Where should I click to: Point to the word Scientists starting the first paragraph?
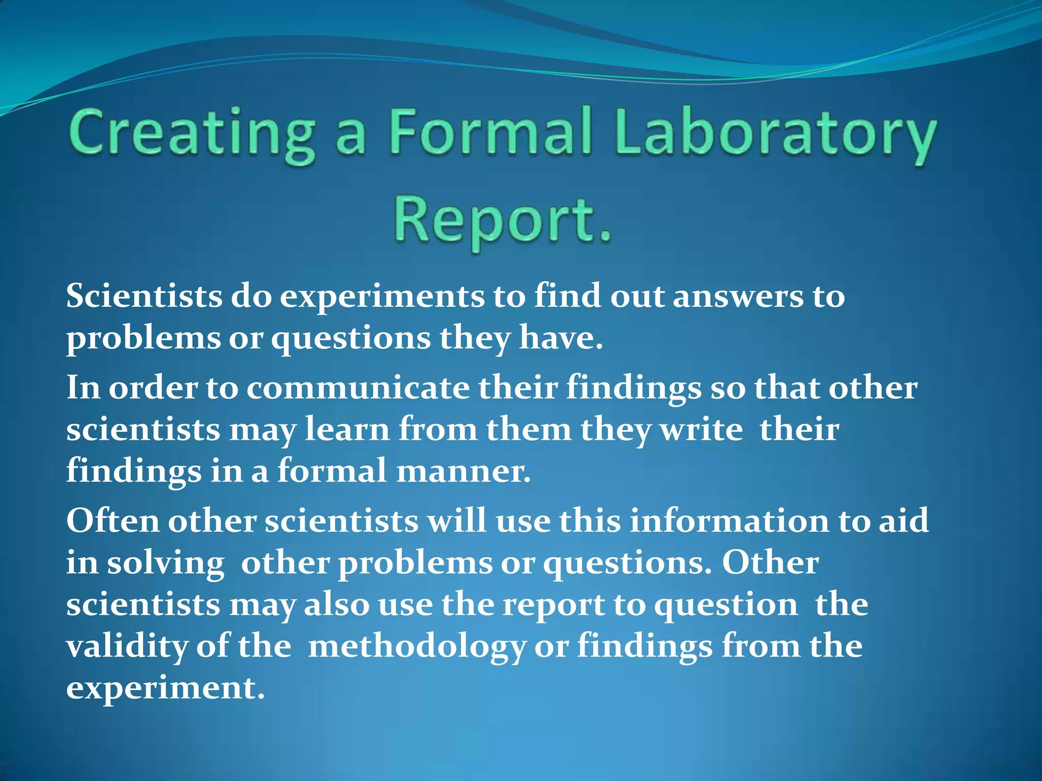(144, 296)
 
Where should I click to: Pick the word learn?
(347, 429)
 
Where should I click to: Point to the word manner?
(462, 471)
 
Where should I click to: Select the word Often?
(112, 521)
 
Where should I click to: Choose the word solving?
(166, 563)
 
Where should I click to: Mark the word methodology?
(417, 647)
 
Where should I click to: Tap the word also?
(336, 605)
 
